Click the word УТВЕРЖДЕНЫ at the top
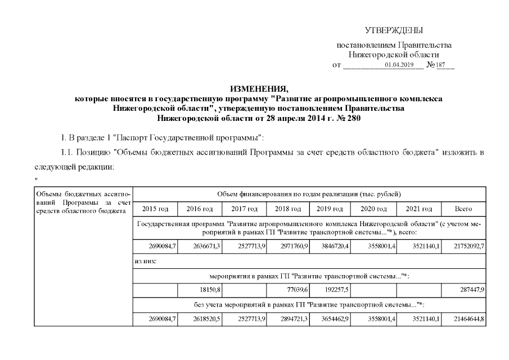tap(394, 30)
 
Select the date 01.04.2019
tap(399, 65)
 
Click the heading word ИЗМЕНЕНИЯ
tap(259, 89)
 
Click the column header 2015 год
tap(156, 209)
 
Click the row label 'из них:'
tap(146, 261)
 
